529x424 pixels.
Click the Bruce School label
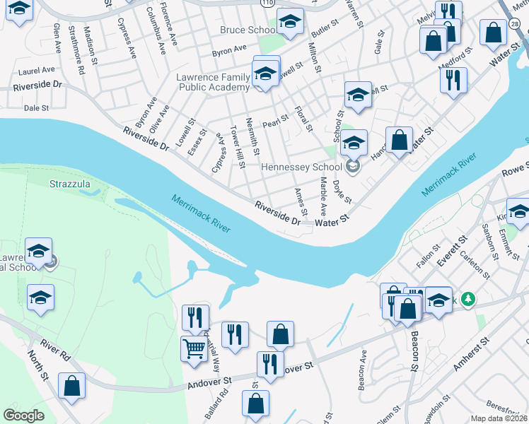pyautogui.click(x=248, y=30)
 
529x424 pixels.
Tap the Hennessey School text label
pyautogui.click(x=301, y=167)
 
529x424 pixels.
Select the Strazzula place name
pyautogui.click(x=70, y=184)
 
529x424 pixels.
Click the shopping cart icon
pyautogui.click(x=194, y=348)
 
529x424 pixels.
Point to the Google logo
pyautogui.click(x=23, y=416)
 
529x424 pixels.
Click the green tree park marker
pyautogui.click(x=467, y=300)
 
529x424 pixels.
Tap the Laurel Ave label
pyautogui.click(x=37, y=71)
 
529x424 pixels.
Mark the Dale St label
pyautogui.click(x=36, y=108)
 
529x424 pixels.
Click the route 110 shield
pyautogui.click(x=266, y=3)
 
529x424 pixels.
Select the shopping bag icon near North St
pyautogui.click(x=71, y=386)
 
